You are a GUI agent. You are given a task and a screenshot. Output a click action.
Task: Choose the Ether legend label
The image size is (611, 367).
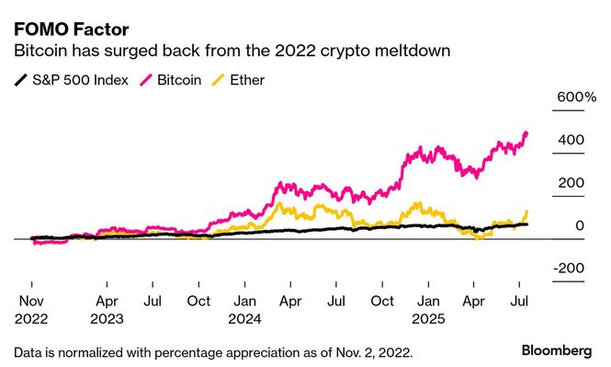click(247, 80)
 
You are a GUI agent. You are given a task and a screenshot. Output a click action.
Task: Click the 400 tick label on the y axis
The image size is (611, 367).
click(571, 140)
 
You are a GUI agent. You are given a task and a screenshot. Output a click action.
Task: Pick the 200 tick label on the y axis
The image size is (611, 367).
click(571, 182)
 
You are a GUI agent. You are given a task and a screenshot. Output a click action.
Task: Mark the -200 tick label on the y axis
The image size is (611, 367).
click(569, 268)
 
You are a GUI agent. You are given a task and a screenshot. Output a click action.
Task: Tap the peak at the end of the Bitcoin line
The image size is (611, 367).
click(526, 133)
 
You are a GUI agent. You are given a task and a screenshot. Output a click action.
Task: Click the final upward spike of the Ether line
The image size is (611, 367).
click(526, 212)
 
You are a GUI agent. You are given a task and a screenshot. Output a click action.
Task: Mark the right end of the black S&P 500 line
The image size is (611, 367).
click(526, 224)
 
